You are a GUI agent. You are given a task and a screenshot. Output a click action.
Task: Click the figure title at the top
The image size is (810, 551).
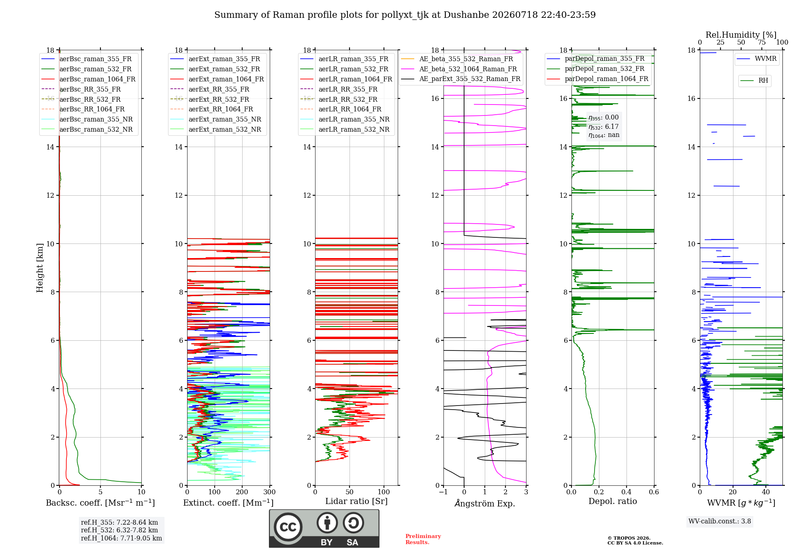(405, 15)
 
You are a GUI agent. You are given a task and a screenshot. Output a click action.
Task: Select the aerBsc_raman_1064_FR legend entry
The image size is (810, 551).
(88, 79)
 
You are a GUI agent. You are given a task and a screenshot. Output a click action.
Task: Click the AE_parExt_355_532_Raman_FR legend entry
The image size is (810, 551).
(460, 79)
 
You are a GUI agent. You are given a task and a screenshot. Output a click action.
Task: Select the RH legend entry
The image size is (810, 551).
(754, 81)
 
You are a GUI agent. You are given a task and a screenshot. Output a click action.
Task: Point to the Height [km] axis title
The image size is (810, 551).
(40, 268)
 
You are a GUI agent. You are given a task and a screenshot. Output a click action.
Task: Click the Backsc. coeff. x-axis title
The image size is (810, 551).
(100, 502)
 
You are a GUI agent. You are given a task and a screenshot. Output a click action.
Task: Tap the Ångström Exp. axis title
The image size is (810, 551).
(485, 503)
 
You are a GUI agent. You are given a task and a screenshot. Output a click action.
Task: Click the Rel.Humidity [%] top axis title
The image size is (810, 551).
(741, 35)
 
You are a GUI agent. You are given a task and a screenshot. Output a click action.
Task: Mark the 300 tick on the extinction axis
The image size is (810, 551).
(270, 492)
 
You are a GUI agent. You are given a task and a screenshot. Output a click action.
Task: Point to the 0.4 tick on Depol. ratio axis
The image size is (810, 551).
(627, 492)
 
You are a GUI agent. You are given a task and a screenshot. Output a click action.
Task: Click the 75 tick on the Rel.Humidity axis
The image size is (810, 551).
(762, 43)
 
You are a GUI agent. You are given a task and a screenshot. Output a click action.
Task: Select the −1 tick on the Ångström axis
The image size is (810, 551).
(443, 492)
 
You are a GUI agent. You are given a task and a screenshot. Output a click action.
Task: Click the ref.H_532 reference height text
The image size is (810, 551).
(119, 530)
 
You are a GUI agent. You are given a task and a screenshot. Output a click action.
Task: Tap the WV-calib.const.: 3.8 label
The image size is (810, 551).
(720, 521)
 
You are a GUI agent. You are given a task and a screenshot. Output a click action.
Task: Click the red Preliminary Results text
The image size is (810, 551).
(423, 539)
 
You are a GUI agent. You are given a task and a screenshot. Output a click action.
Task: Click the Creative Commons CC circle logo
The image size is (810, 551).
(288, 527)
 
